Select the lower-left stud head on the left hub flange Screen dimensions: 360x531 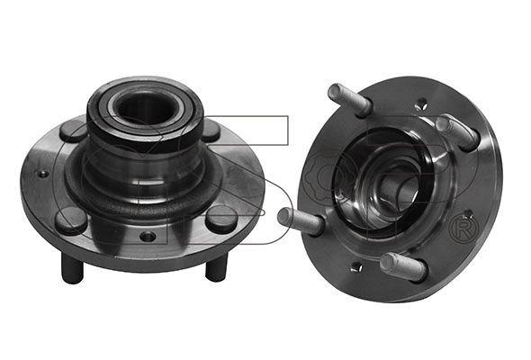tap(70, 217)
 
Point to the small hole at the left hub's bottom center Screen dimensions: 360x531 tap(146, 237)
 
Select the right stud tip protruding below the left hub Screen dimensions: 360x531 tap(213, 267)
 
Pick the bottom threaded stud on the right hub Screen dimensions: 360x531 tap(402, 265)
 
